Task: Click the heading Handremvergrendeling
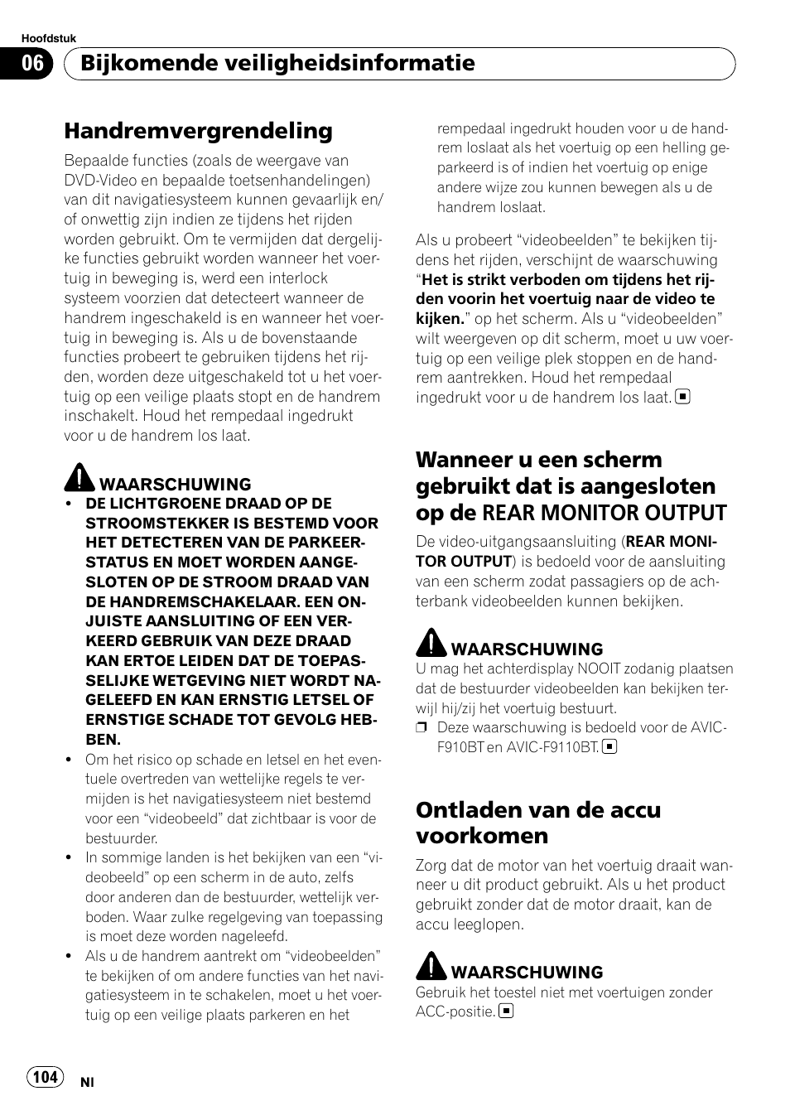(x=198, y=131)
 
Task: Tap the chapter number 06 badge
(x=32, y=64)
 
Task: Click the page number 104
(x=46, y=1076)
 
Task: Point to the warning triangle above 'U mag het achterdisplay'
(x=431, y=643)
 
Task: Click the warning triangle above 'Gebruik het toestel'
(x=431, y=966)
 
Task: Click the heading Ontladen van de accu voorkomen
(x=537, y=822)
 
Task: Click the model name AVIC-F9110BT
(x=553, y=747)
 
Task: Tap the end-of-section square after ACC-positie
(x=506, y=1011)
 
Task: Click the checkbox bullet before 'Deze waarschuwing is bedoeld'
(x=421, y=728)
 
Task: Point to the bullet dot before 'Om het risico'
(x=70, y=760)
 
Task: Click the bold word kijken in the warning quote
(x=439, y=319)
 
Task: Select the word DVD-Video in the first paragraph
(x=99, y=181)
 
